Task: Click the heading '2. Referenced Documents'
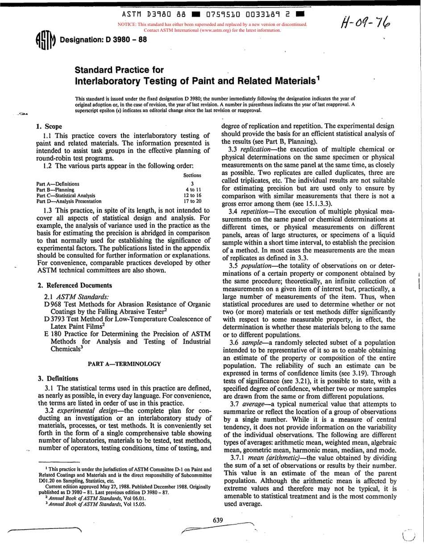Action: click(75, 285)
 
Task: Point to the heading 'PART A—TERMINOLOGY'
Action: click(124, 364)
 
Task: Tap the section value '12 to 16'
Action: click(193, 195)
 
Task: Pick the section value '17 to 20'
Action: click(193, 201)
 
